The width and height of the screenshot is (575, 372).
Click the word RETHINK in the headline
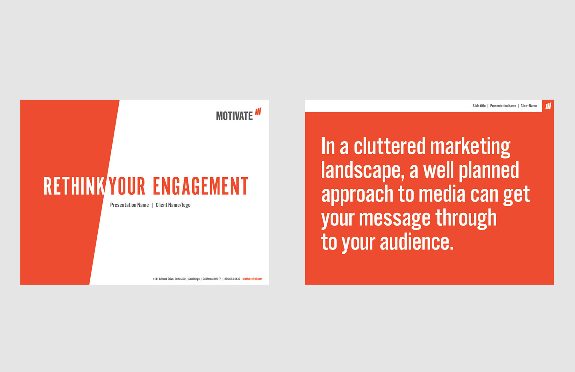(x=74, y=186)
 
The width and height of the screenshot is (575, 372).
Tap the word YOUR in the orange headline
(x=127, y=186)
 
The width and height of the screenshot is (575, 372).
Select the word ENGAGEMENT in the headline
(x=201, y=186)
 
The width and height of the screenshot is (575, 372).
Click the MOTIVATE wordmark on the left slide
(x=234, y=116)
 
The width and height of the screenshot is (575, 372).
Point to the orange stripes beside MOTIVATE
(x=258, y=111)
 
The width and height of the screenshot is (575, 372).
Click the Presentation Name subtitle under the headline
(x=129, y=205)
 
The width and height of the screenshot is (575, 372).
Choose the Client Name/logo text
(x=173, y=205)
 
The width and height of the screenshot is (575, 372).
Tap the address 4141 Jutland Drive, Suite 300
(x=169, y=279)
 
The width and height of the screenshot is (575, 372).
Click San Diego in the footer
(x=194, y=279)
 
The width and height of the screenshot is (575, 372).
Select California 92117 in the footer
(x=211, y=279)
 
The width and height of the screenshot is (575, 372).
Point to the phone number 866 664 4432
(x=232, y=279)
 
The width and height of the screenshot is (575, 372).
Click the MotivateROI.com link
(x=252, y=279)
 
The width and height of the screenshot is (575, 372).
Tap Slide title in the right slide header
(x=479, y=106)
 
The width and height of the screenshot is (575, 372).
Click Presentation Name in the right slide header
(x=503, y=106)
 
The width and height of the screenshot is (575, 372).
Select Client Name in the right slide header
(x=529, y=106)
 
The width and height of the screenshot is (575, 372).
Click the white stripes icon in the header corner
(x=548, y=106)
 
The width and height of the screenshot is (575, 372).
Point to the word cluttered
(x=390, y=146)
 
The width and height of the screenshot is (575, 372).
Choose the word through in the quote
(x=466, y=218)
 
